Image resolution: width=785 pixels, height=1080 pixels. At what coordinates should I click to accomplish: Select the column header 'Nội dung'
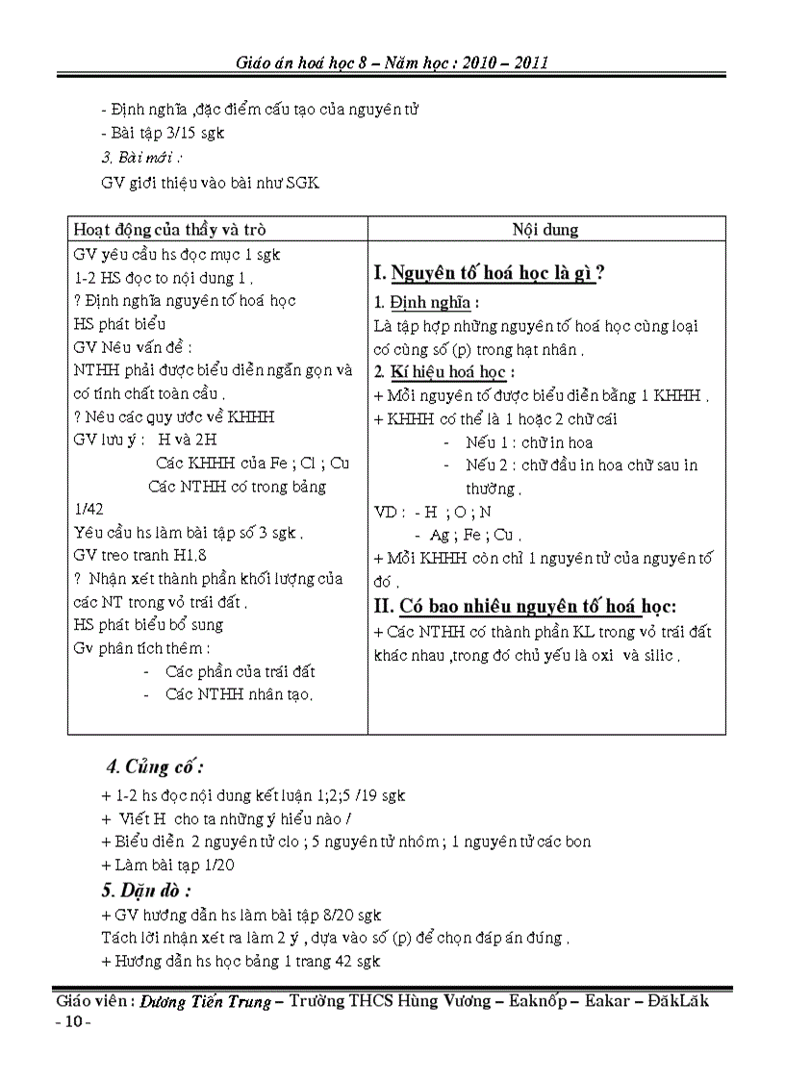pyautogui.click(x=545, y=230)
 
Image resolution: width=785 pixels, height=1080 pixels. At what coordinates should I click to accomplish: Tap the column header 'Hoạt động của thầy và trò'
pyautogui.click(x=170, y=230)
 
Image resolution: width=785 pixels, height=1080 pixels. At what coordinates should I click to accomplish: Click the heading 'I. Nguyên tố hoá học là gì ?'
pyautogui.click(x=488, y=273)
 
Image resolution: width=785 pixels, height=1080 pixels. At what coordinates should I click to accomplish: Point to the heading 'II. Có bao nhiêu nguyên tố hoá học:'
pyautogui.click(x=524, y=606)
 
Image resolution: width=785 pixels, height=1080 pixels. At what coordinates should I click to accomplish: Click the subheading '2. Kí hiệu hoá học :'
pyautogui.click(x=443, y=372)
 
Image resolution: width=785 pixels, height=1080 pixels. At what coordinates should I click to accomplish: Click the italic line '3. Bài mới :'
pyautogui.click(x=141, y=157)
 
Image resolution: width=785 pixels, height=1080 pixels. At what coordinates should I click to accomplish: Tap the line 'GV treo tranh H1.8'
pyautogui.click(x=140, y=555)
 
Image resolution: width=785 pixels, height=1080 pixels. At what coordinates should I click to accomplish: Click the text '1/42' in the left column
pyautogui.click(x=89, y=509)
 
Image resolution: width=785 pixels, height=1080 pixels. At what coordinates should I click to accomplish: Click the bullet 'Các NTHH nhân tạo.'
pyautogui.click(x=240, y=694)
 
